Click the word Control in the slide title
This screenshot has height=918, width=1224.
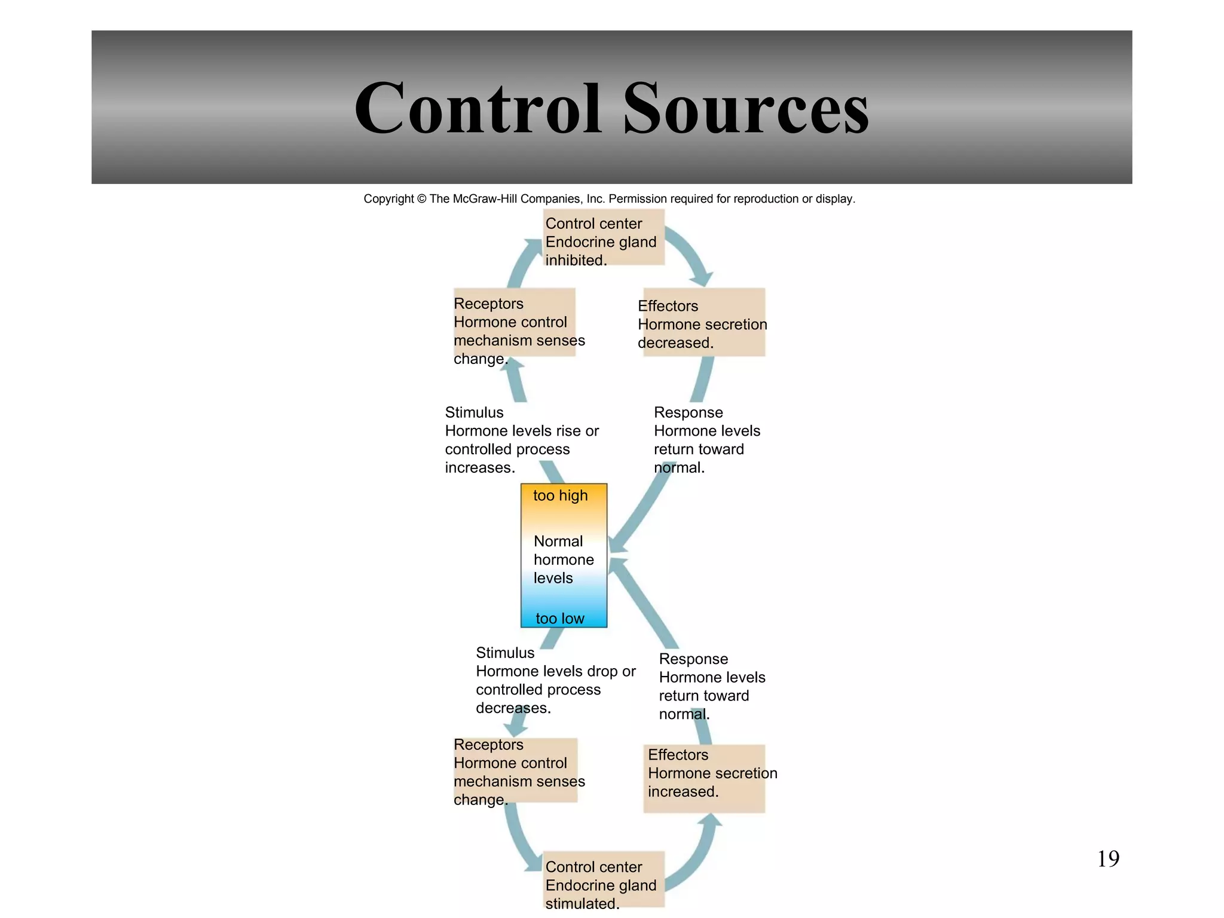coord(478,109)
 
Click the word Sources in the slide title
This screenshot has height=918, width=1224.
coord(746,109)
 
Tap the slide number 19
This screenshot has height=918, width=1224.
coord(1108,859)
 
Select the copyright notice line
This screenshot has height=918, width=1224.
coord(609,198)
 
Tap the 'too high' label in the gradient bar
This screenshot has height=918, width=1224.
coord(560,495)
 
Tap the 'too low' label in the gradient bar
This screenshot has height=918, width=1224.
coord(560,619)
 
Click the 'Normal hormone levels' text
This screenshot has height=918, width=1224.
coord(563,559)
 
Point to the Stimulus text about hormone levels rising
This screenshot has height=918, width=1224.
coord(521,440)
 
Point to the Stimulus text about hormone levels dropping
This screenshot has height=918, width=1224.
coord(555,680)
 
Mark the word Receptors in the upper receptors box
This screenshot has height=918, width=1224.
coord(488,304)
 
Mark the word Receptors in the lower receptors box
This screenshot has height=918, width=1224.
coord(488,745)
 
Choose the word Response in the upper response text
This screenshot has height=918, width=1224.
coord(688,412)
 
